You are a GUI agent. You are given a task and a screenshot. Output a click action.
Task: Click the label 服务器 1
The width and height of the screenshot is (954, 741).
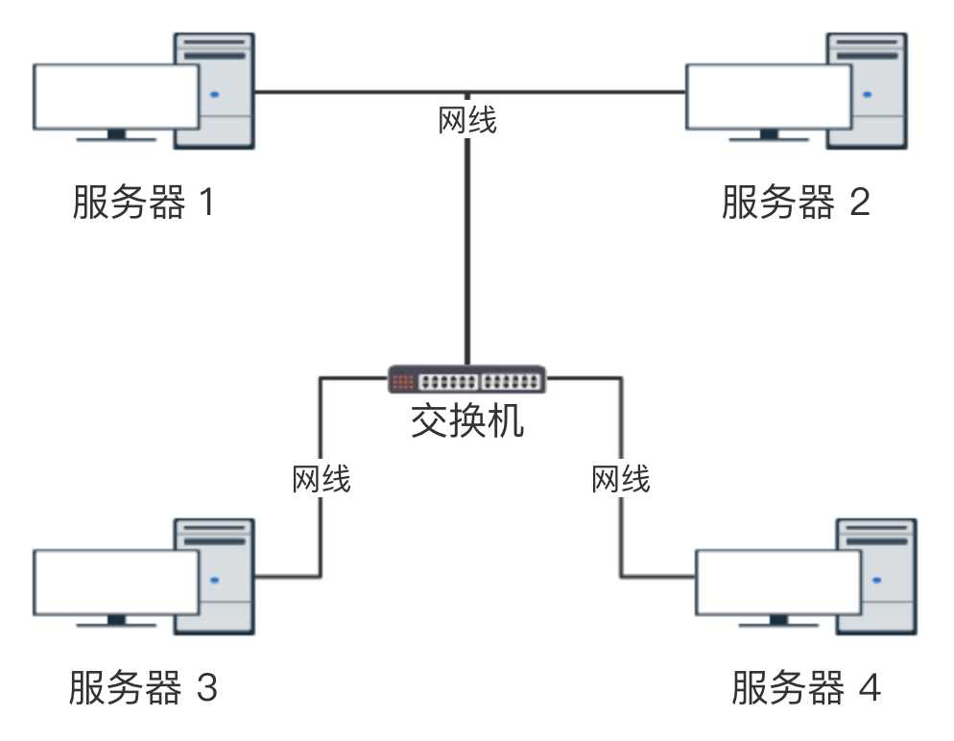(143, 203)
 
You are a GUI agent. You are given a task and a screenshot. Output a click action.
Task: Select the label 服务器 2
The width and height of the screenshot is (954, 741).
(796, 203)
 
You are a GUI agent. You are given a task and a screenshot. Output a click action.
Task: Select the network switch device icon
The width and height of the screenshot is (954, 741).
(467, 379)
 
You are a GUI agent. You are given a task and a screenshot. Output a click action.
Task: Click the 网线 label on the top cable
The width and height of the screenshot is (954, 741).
(467, 122)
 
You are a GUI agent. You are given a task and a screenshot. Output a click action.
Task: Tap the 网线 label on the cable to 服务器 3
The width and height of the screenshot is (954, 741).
(322, 478)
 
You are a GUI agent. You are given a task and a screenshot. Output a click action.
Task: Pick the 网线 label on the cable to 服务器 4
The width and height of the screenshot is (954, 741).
(620, 478)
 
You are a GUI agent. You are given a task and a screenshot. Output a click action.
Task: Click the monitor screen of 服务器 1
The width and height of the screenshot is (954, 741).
(116, 96)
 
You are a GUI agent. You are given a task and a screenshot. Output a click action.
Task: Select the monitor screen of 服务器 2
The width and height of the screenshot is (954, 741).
(768, 96)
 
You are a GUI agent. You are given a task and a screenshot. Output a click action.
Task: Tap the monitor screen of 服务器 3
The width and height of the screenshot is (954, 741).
(116, 582)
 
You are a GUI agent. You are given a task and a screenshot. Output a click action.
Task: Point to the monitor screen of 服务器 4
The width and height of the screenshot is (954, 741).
(777, 582)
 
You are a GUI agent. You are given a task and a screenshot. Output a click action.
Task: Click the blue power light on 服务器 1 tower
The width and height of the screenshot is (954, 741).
(215, 94)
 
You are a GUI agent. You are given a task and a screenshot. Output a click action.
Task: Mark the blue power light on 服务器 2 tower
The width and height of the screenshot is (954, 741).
(868, 94)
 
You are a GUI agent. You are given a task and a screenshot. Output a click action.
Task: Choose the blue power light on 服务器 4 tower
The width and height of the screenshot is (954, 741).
(876, 580)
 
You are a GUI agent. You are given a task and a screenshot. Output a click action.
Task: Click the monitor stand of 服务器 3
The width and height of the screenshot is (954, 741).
(116, 620)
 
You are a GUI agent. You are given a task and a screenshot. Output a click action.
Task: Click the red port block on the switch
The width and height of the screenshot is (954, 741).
(402, 380)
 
